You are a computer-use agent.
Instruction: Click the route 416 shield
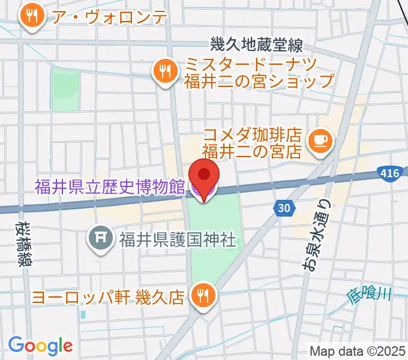click(x=389, y=173)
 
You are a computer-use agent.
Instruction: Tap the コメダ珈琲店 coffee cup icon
click(x=317, y=140)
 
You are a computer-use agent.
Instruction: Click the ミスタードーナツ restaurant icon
click(x=163, y=72)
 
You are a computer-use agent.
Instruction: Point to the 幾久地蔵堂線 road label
click(x=256, y=44)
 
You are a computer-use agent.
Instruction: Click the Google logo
click(x=40, y=345)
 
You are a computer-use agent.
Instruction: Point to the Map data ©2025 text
click(x=356, y=351)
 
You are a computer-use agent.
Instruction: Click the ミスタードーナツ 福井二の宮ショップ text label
click(x=259, y=72)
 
